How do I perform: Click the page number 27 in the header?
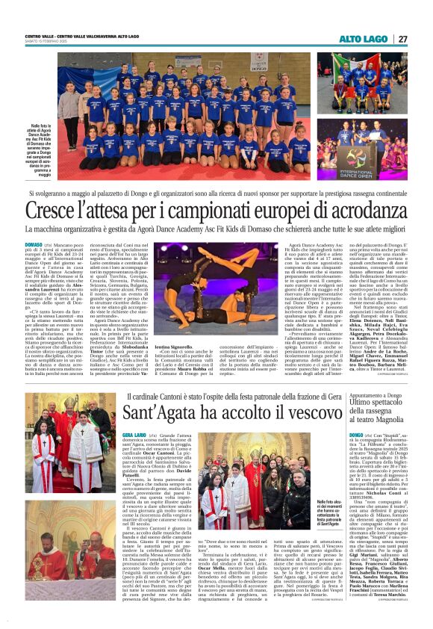(x=402, y=39)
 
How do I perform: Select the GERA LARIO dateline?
(x=134, y=434)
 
